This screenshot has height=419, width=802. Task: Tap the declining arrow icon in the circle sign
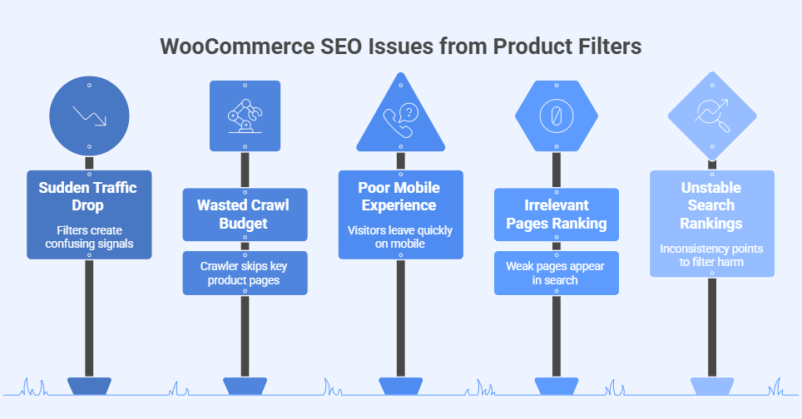[x=89, y=115]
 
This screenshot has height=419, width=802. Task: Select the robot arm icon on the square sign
[x=245, y=116]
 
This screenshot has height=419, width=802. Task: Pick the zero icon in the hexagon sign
[x=556, y=116]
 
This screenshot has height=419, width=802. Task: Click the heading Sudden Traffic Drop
[x=89, y=197]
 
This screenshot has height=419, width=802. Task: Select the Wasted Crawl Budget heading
[x=245, y=214]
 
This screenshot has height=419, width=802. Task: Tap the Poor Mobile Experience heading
[x=400, y=197]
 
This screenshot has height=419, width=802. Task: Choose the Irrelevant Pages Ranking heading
[x=556, y=214]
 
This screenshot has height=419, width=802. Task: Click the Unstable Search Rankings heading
[x=711, y=205]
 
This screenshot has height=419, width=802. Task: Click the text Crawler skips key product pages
[x=245, y=273]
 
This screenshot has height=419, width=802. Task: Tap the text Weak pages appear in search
[x=556, y=273]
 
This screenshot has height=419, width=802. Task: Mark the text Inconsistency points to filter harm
[x=711, y=255]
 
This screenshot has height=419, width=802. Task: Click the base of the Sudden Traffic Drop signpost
[x=89, y=386]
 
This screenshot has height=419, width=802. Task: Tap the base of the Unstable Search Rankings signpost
[x=711, y=386]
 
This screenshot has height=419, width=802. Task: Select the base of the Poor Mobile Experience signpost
[x=400, y=386]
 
